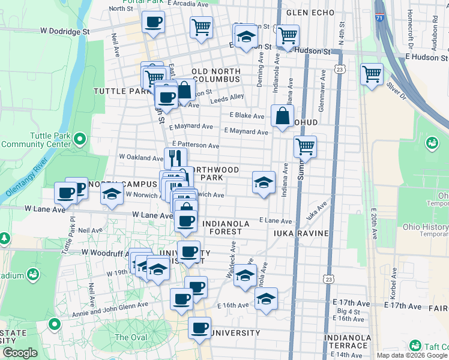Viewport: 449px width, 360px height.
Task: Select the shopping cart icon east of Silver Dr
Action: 372,75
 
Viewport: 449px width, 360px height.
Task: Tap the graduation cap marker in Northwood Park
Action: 263,182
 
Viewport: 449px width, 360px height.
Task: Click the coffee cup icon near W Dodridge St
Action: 153,23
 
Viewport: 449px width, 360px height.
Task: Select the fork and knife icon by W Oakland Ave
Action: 175,158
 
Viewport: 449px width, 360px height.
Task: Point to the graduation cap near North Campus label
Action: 112,194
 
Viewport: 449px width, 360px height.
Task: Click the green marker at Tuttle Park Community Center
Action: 79,140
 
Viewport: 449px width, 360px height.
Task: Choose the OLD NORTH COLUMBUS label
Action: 216,76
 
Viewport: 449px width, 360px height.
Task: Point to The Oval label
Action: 130,337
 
